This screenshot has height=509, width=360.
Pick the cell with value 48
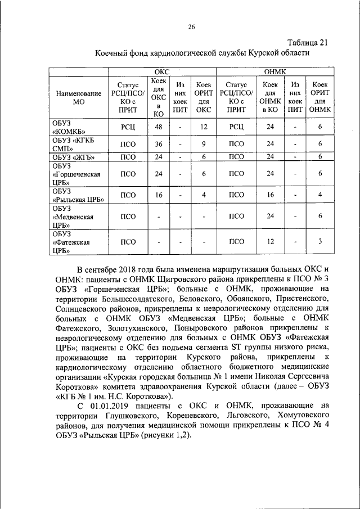[x=159, y=127]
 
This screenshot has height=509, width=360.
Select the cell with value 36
[x=159, y=144]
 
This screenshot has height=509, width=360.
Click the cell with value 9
[x=203, y=144]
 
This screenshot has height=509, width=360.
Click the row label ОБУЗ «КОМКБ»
[x=71, y=127]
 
